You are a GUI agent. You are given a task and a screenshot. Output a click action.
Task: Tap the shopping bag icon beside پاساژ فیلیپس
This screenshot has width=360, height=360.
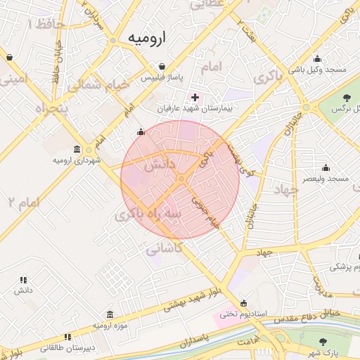[162, 67]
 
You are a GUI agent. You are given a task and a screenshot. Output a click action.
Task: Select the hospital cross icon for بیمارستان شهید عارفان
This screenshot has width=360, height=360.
[195, 96]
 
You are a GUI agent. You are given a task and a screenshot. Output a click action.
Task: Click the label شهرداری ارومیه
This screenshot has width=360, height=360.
[77, 160]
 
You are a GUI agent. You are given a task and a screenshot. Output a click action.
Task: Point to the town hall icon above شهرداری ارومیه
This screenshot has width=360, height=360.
[77, 150]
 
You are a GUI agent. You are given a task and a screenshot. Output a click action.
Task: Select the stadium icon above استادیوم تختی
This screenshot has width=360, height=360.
[244, 303]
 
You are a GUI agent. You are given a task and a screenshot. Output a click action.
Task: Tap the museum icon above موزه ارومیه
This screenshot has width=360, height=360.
[110, 315]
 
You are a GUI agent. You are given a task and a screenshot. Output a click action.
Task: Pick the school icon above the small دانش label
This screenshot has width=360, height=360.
[24, 279]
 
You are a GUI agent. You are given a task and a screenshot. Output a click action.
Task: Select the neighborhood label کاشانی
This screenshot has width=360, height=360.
[165, 248]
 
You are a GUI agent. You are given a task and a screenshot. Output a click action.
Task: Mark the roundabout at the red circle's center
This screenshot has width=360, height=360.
[181, 179]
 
